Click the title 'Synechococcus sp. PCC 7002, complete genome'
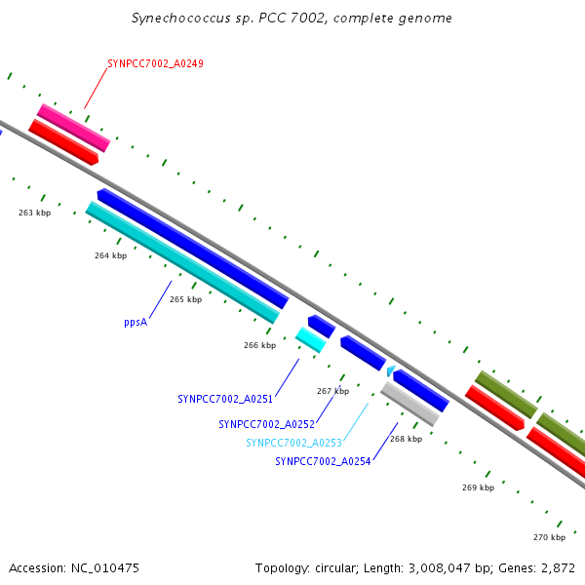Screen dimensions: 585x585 pyautogui.click(x=292, y=19)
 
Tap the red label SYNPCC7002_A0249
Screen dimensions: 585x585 pyautogui.click(x=155, y=63)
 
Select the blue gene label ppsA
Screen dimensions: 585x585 pyautogui.click(x=136, y=321)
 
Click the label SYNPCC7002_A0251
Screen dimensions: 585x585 pyautogui.click(x=224, y=399)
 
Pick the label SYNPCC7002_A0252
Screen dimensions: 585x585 pyautogui.click(x=266, y=424)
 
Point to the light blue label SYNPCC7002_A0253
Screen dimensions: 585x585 pyautogui.click(x=293, y=443)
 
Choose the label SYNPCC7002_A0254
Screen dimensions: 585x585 pyautogui.click(x=323, y=461)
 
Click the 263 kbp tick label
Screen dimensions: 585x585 pyautogui.click(x=34, y=213)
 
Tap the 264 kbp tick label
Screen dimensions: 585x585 pyautogui.click(x=110, y=255)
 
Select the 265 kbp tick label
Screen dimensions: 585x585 pyautogui.click(x=185, y=299)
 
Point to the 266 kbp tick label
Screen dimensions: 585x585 pyautogui.click(x=259, y=344)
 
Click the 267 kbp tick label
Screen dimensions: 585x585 pyautogui.click(x=332, y=391)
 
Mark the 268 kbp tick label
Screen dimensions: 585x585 pyautogui.click(x=406, y=439)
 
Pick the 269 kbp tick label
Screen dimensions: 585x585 pyautogui.click(x=478, y=487)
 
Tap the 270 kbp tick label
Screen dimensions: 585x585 pyautogui.click(x=549, y=537)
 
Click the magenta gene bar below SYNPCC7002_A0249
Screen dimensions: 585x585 pyautogui.click(x=73, y=128)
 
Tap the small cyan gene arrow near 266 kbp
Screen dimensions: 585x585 pyautogui.click(x=310, y=339)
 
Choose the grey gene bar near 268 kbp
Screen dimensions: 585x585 pyautogui.click(x=409, y=403)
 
